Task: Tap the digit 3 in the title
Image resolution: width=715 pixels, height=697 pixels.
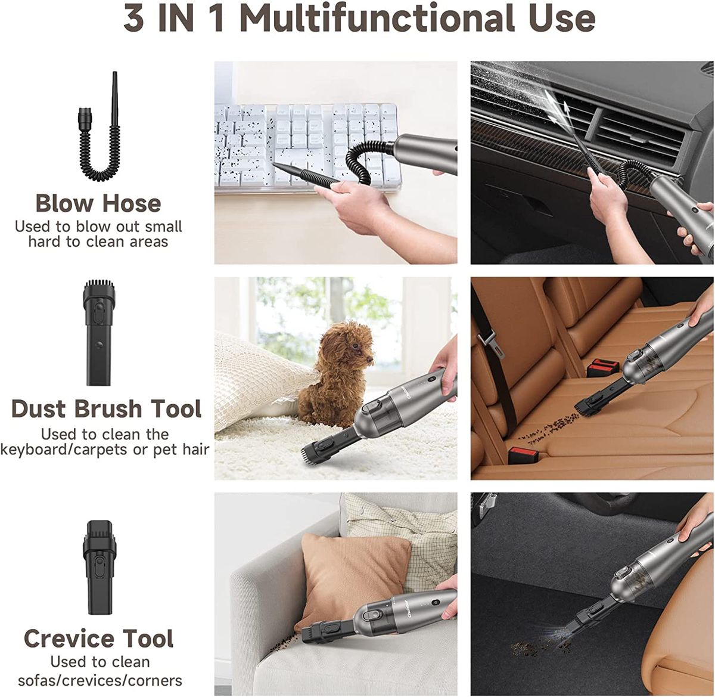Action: click(133, 18)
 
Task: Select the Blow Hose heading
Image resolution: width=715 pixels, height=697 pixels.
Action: click(98, 203)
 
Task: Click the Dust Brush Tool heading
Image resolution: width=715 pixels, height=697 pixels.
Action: click(106, 409)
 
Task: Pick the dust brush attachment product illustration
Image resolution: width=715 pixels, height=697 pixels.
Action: click(98, 333)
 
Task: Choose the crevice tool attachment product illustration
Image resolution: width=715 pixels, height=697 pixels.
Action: click(98, 566)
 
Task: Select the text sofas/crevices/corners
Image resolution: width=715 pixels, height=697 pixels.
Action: click(100, 680)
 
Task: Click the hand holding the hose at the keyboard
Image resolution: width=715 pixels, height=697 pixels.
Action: click(353, 206)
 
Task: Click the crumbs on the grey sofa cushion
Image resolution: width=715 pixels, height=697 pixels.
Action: click(282, 645)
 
